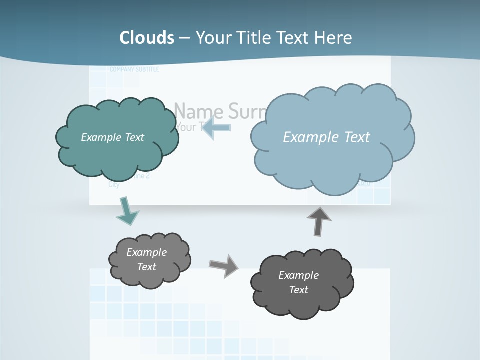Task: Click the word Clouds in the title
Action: (147, 37)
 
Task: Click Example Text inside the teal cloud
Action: (112, 137)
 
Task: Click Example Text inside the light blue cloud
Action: (326, 137)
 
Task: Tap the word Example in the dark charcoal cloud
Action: (298, 275)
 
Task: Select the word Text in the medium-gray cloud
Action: (147, 267)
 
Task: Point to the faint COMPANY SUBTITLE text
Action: (134, 69)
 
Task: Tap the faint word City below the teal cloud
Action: (114, 184)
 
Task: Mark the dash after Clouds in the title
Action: (184, 37)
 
